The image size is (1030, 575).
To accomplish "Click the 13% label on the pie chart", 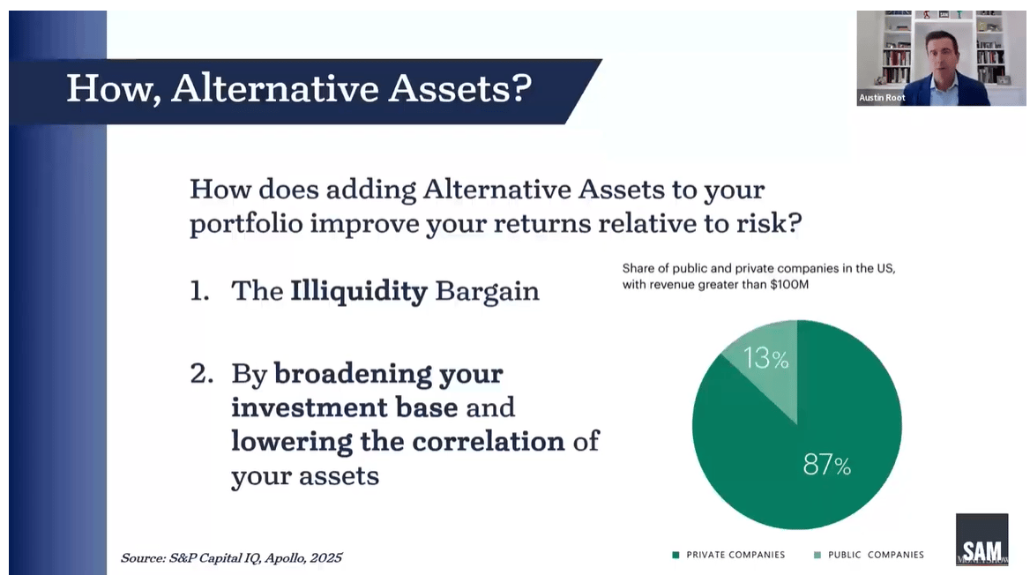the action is tap(766, 358).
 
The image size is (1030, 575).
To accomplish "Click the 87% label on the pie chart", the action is tap(826, 465).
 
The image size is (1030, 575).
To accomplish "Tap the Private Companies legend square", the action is tap(675, 556).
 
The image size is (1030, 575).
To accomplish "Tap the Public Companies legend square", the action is tap(817, 556).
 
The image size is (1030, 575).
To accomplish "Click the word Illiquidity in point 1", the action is tap(359, 292).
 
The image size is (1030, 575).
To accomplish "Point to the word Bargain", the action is tap(487, 292).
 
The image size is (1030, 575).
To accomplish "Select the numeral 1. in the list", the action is tap(199, 291).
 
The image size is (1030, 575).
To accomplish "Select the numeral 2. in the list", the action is tap(202, 374).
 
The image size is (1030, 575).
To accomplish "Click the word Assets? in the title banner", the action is tap(459, 88).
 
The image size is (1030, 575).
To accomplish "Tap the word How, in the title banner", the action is tap(114, 89).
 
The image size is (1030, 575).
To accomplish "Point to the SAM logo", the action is tap(981, 540).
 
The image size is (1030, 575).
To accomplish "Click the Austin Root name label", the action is tap(882, 98).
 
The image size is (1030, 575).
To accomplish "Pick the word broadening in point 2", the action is tap(353, 375).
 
